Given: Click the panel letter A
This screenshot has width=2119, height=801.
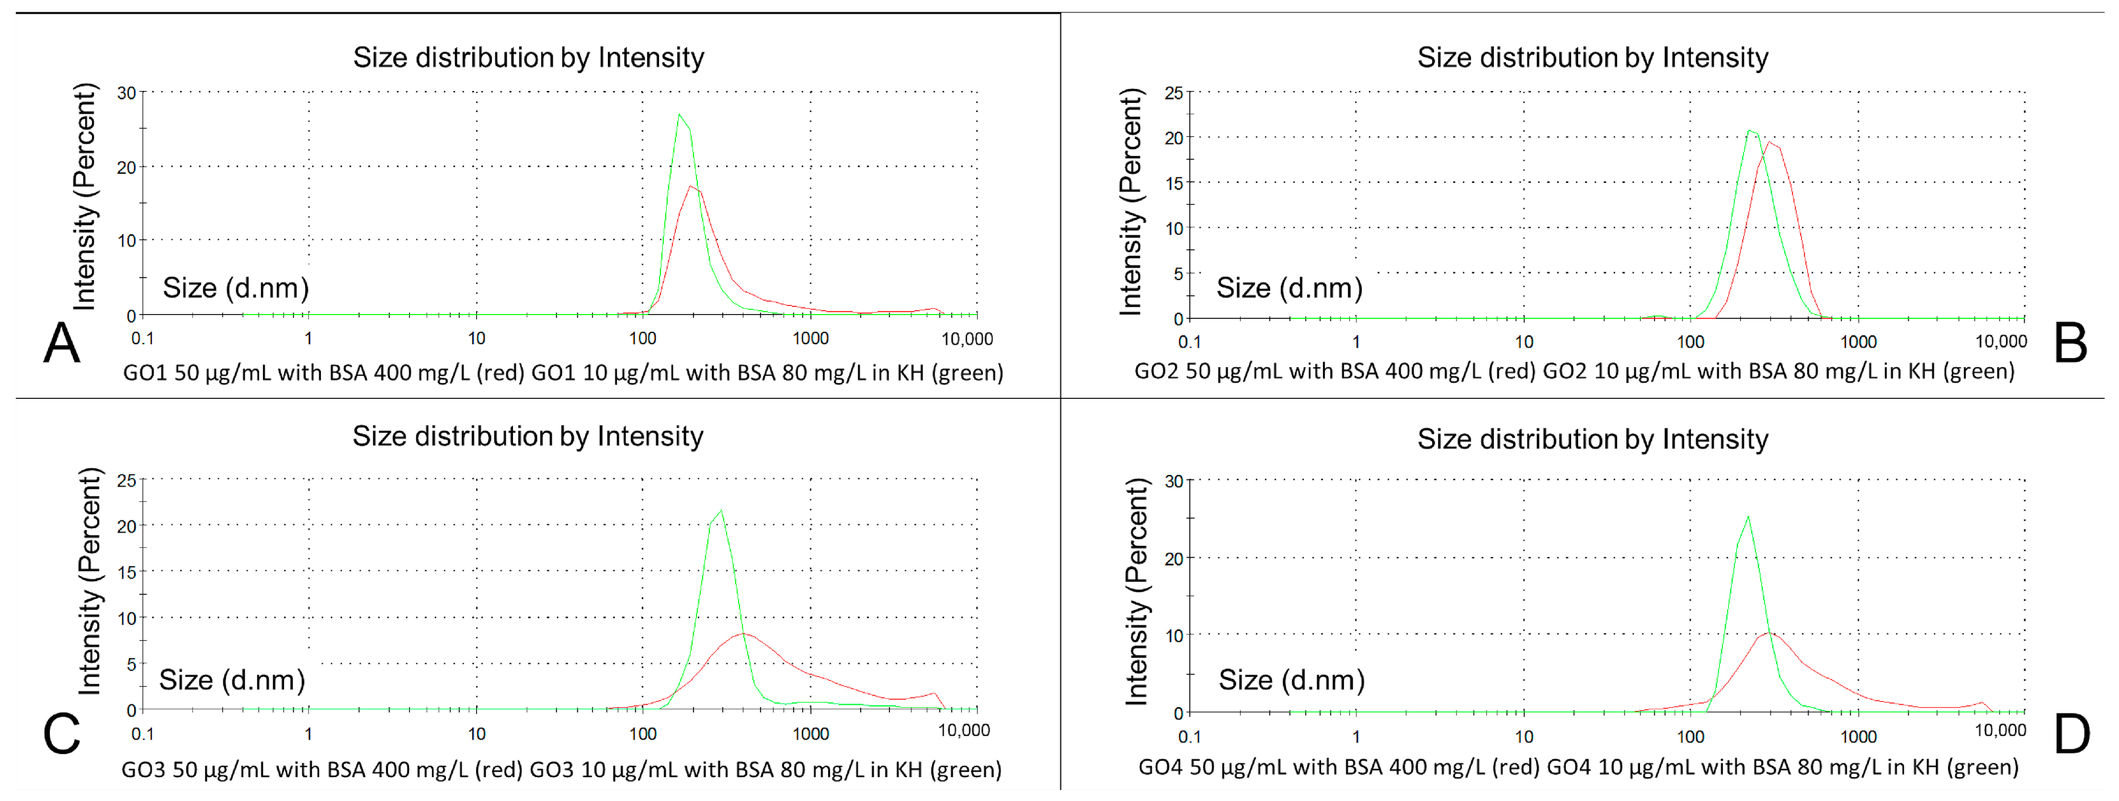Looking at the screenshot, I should pyautogui.click(x=62, y=343).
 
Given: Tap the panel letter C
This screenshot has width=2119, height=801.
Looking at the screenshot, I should pyautogui.click(x=62, y=733).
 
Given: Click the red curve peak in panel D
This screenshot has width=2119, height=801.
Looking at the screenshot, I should pyautogui.click(x=1768, y=633).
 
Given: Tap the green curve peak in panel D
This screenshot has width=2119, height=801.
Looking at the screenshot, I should pyautogui.click(x=1748, y=517).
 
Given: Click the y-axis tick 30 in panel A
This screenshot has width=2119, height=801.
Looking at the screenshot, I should pyautogui.click(x=126, y=93).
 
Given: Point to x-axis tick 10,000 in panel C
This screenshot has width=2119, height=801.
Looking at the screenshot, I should pyautogui.click(x=964, y=730).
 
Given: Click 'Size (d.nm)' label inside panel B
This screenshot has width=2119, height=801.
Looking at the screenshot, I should pyautogui.click(x=1289, y=288).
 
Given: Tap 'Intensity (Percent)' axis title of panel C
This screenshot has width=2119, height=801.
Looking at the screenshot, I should pyautogui.click(x=89, y=581).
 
